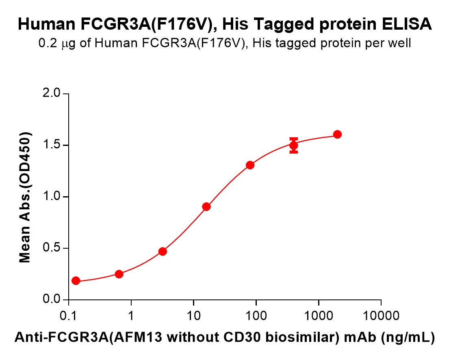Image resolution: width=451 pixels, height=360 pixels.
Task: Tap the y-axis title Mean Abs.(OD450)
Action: [x=26, y=197]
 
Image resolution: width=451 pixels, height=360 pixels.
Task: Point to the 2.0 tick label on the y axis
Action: [x=51, y=94]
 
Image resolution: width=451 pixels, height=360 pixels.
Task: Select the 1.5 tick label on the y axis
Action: [x=51, y=145]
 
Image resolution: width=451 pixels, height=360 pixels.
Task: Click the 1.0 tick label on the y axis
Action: [x=51, y=197]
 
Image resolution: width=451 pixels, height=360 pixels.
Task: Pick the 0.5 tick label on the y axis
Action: [x=51, y=248]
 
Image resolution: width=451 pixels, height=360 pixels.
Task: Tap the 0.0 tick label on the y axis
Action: [x=51, y=300]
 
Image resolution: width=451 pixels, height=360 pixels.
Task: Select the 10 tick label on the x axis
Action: [x=194, y=315]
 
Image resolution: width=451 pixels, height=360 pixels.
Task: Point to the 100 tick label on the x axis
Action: [x=256, y=315]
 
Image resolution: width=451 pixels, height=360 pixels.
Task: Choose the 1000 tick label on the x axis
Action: [x=319, y=315]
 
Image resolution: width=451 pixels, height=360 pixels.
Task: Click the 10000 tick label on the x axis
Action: [x=381, y=315]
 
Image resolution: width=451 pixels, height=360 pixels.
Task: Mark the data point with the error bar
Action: [x=294, y=145]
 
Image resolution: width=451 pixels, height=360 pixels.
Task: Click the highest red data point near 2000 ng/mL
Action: [x=337, y=134]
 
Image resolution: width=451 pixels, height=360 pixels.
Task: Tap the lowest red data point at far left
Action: [x=76, y=281]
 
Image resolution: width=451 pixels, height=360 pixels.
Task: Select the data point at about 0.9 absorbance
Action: [x=206, y=206]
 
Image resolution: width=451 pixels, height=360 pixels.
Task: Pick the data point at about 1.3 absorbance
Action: [x=250, y=165]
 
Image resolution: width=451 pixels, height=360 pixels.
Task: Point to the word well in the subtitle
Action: [x=402, y=43]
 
